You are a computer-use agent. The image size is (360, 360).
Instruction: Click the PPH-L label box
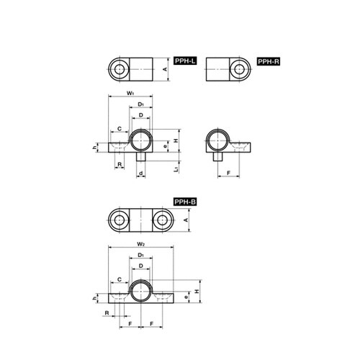click(x=185, y=61)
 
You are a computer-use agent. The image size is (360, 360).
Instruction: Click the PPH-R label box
click(x=269, y=62)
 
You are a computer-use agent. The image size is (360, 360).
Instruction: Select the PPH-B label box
click(x=185, y=202)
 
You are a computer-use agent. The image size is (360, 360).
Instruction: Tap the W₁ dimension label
click(x=130, y=93)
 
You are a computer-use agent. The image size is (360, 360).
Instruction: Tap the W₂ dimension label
click(x=140, y=244)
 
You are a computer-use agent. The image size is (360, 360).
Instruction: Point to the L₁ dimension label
click(x=176, y=169)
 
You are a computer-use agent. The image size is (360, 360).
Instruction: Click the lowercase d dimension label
click(x=141, y=173)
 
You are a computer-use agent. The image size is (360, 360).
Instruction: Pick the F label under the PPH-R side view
click(x=229, y=173)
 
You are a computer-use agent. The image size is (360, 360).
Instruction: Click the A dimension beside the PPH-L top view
click(x=165, y=69)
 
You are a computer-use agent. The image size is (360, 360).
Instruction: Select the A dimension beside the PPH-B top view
click(x=186, y=220)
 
